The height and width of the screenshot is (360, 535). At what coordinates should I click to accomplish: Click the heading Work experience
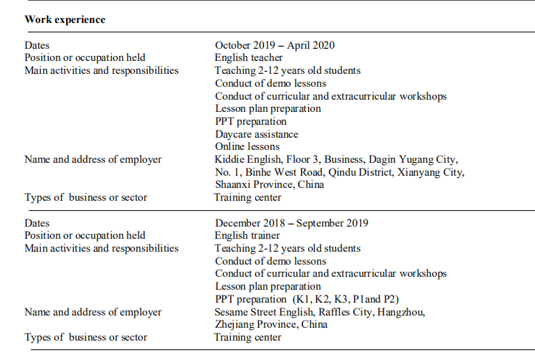click(x=65, y=19)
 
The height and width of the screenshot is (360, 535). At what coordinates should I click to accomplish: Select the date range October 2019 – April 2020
click(x=275, y=45)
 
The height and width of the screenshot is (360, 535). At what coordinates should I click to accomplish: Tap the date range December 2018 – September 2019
click(x=291, y=223)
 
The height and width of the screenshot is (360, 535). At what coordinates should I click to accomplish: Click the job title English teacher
click(x=249, y=57)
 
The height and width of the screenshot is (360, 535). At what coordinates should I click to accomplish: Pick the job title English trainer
click(x=247, y=235)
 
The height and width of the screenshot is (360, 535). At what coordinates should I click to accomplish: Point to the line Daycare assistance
click(x=256, y=134)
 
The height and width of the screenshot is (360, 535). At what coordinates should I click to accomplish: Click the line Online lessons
click(x=247, y=146)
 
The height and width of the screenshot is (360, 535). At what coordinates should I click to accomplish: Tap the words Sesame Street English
click(x=262, y=312)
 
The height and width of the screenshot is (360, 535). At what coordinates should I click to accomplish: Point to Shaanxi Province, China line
click(x=269, y=184)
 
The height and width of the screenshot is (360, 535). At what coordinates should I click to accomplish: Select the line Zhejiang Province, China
click(x=271, y=324)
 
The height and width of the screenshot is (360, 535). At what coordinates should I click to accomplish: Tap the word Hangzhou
click(x=402, y=312)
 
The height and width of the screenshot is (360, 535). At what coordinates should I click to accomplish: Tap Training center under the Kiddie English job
click(x=247, y=197)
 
